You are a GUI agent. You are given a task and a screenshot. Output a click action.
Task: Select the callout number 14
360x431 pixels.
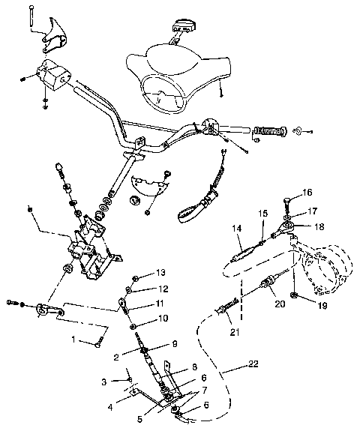coord(236,227)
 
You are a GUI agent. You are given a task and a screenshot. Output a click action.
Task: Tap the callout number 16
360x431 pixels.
coord(307,193)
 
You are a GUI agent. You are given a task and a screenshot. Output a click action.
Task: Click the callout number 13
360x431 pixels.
coord(160,272)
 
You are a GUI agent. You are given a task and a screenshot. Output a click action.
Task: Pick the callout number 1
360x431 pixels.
coord(73,340)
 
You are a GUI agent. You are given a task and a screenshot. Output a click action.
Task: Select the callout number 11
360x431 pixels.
coord(159,304)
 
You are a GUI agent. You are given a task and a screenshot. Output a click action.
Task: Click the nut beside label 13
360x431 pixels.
coord(136,274)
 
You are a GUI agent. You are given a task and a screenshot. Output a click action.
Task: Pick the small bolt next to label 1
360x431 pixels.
coord(98,344)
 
